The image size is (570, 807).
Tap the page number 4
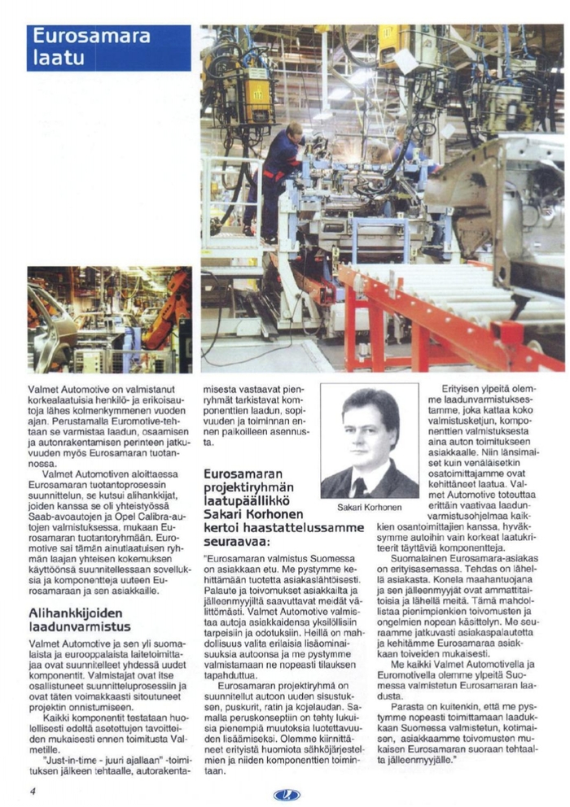coord(33,790)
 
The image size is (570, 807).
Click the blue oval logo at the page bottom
coord(287,794)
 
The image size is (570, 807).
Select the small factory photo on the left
coord(109,320)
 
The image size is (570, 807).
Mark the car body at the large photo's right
coord(505,203)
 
